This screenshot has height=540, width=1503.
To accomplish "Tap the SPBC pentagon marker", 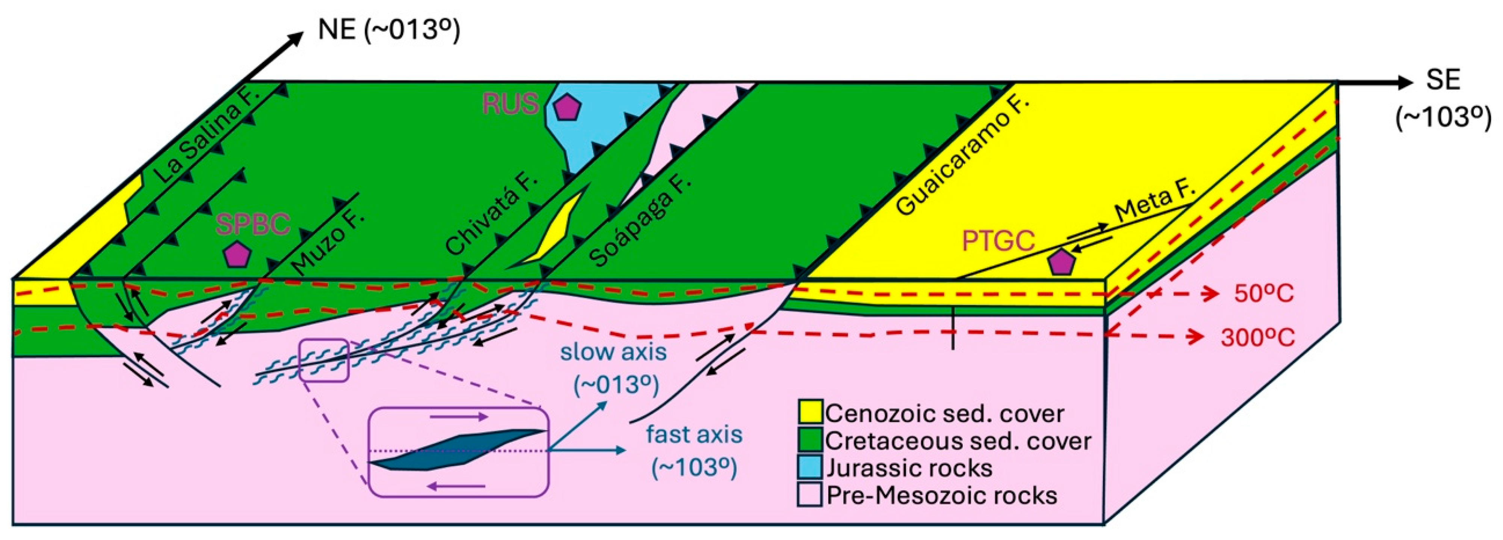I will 237,255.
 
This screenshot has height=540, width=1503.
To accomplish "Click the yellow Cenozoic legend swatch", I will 810,412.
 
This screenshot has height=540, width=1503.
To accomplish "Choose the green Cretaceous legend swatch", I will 810,440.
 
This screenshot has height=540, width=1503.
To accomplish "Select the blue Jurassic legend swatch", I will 810,467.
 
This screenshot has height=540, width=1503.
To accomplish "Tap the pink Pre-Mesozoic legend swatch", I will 810,495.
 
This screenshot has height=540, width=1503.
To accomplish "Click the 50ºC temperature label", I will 1264,293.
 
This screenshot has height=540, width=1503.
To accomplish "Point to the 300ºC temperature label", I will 1257,337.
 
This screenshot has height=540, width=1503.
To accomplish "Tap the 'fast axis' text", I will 694,434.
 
